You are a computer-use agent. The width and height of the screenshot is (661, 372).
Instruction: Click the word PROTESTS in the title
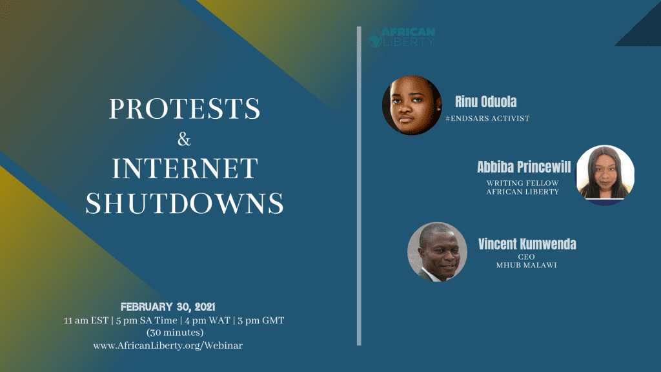[x=185, y=108]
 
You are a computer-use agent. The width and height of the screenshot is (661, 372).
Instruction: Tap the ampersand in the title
[x=184, y=139]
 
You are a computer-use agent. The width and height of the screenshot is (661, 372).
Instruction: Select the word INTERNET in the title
[x=185, y=169]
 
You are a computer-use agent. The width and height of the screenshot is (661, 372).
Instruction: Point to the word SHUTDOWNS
[x=185, y=203]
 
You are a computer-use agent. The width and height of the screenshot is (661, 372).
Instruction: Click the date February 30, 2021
[x=168, y=307]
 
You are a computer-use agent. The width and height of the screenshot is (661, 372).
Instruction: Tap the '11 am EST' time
[x=86, y=320]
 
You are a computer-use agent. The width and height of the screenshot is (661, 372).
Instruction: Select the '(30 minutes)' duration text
[x=175, y=333]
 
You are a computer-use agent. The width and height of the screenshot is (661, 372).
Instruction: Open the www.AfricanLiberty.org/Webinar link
[x=168, y=346]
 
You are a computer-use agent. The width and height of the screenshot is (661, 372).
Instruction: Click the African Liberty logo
[x=402, y=37]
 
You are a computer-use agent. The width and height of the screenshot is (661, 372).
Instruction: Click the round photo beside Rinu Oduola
[x=412, y=105]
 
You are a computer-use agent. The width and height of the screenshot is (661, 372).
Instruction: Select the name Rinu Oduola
[x=485, y=101]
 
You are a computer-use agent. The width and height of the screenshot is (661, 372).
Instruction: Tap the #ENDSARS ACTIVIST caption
[x=487, y=119]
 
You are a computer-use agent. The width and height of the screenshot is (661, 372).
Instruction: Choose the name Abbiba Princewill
[x=524, y=167]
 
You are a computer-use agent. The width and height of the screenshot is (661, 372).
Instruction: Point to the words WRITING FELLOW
[x=523, y=183]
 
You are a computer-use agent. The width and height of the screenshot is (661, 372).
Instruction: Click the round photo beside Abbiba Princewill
[x=605, y=175]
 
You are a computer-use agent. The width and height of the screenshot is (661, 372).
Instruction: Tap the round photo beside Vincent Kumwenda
[x=437, y=252]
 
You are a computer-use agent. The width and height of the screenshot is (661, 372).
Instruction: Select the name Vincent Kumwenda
[x=527, y=244]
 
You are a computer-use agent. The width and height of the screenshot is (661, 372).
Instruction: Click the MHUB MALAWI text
[x=527, y=265]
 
